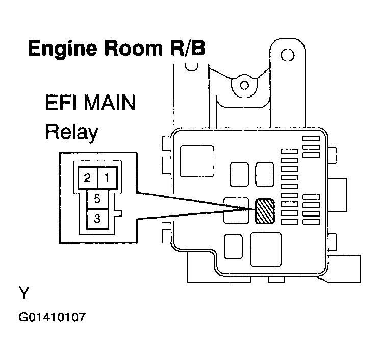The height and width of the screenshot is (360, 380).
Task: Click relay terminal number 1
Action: click(107, 178)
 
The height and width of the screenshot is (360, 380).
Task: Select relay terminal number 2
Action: click(87, 178)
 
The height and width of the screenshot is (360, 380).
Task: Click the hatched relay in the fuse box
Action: click(264, 210)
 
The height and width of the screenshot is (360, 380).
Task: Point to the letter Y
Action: click(24, 294)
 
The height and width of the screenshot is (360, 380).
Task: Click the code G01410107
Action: click(52, 317)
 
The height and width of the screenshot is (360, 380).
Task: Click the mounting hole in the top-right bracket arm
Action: click(288, 53)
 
